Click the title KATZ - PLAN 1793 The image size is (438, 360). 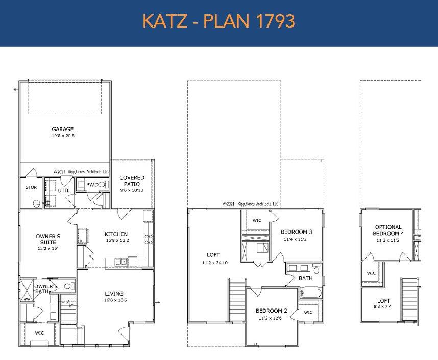(218, 21)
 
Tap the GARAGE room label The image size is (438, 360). (62, 129)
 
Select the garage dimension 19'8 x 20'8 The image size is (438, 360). (62, 136)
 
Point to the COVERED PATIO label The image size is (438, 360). (132, 181)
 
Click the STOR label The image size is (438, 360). (31, 187)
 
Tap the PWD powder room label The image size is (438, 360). (92, 185)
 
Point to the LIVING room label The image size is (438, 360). (114, 293)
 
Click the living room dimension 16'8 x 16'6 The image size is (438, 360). (114, 300)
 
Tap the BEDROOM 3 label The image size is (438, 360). (296, 232)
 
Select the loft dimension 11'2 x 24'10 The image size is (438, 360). (213, 263)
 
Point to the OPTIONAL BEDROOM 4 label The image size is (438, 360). (388, 230)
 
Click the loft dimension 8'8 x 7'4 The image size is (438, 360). (383, 307)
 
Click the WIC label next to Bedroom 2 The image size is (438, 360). (308, 312)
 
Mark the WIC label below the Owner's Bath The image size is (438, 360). (39, 332)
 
